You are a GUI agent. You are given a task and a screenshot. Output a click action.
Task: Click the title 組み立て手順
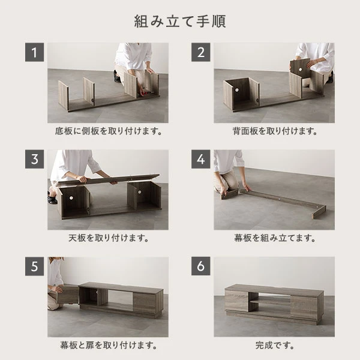point(179,21)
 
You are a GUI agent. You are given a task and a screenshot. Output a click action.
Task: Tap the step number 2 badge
point(201,52)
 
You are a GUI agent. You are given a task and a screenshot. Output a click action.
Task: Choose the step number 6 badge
point(201,266)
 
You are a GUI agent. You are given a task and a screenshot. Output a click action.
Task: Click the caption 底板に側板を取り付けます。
point(108,131)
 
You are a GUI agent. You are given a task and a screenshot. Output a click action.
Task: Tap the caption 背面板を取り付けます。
point(274,131)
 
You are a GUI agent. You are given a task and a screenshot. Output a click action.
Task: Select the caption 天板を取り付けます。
point(108,238)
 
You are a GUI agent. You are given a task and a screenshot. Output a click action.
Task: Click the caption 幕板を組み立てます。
point(274,238)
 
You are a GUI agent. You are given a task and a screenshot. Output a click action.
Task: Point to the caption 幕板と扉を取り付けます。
point(108,346)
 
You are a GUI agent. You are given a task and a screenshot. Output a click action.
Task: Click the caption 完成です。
point(274,346)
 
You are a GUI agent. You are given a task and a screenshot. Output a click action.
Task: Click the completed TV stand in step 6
point(274,303)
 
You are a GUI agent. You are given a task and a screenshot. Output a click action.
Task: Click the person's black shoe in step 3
point(53,199)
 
